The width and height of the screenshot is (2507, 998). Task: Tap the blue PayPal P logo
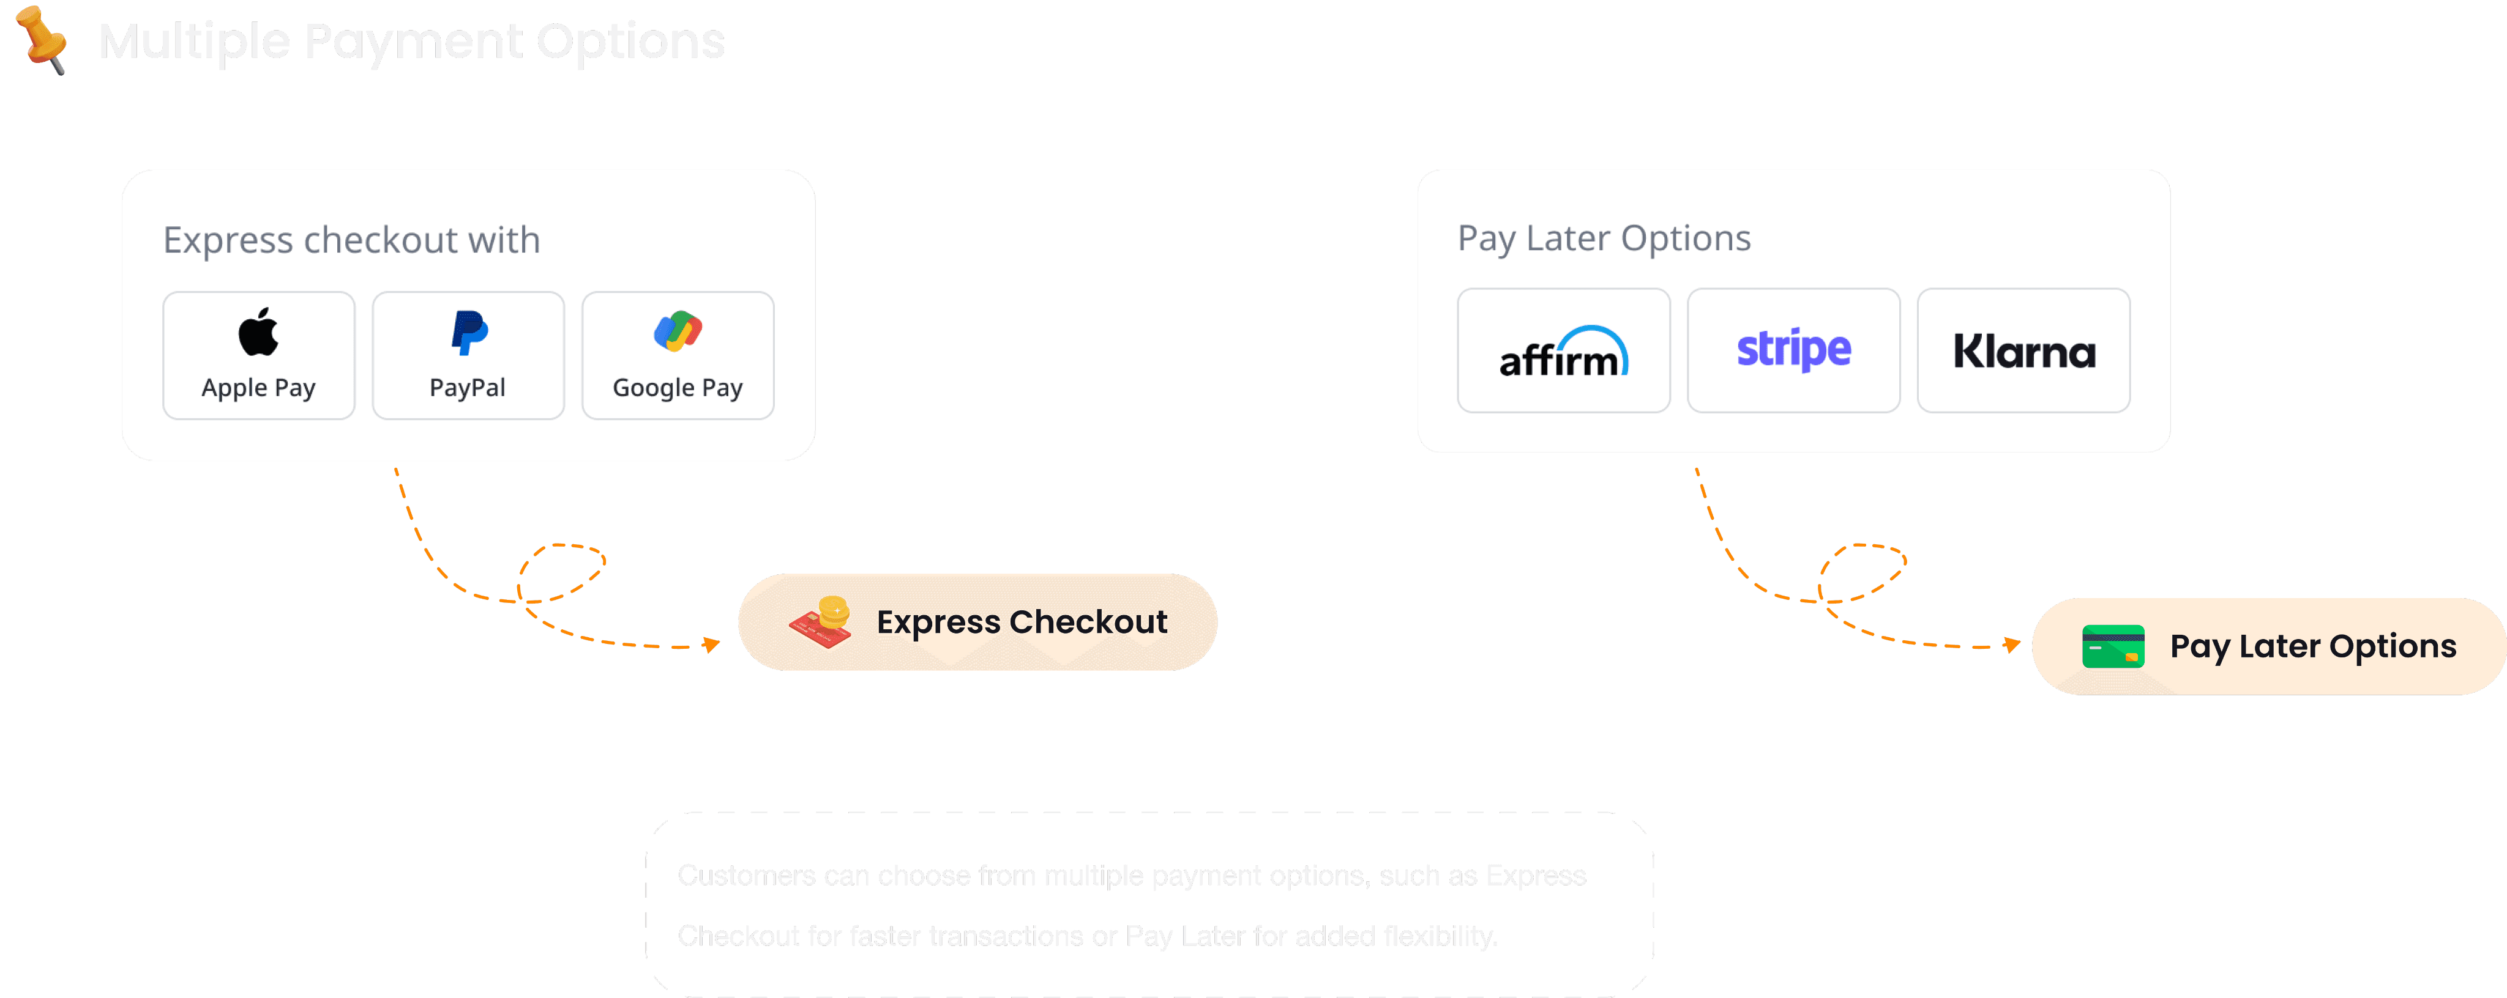pyautogui.click(x=469, y=333)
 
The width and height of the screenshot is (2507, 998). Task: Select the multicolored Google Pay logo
pyautogui.click(x=678, y=331)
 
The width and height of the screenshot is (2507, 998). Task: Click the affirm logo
pyautogui.click(x=1563, y=352)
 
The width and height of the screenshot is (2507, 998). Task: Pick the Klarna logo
pyautogui.click(x=2024, y=351)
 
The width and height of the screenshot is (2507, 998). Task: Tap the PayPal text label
pyautogui.click(x=468, y=388)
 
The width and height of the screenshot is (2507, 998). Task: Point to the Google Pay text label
pyautogui.click(x=678, y=388)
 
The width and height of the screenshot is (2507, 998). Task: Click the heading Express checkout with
pyautogui.click(x=351, y=240)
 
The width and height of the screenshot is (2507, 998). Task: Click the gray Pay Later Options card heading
pyautogui.click(x=1604, y=238)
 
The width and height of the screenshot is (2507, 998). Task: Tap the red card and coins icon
pyautogui.click(x=820, y=623)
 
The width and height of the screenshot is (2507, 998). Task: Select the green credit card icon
pyautogui.click(x=2113, y=646)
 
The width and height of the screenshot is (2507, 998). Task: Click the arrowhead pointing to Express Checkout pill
pyautogui.click(x=712, y=644)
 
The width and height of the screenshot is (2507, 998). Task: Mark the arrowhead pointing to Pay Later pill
pyautogui.click(x=2012, y=644)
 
